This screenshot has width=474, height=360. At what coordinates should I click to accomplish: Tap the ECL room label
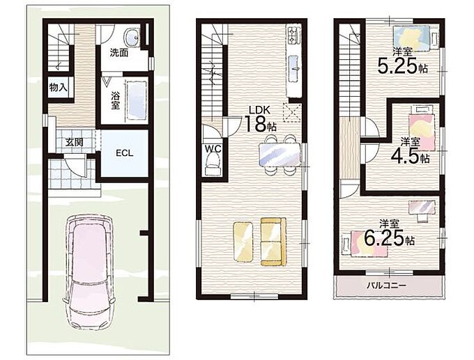[x=125, y=153]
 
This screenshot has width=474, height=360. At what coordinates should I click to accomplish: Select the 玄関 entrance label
[x=75, y=141]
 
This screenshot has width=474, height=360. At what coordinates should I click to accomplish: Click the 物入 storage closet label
[x=59, y=88]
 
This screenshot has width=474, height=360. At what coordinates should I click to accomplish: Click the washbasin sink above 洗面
[x=132, y=37]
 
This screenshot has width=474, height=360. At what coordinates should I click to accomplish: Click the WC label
[x=213, y=148]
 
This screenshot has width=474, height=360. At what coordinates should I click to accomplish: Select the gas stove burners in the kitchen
[x=294, y=36]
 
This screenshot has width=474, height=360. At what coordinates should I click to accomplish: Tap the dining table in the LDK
[x=280, y=155]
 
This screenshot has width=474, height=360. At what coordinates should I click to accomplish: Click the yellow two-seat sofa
[x=273, y=242]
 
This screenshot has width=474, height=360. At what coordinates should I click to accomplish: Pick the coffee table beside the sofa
[x=243, y=242]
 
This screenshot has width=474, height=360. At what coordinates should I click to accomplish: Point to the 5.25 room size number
[x=397, y=66]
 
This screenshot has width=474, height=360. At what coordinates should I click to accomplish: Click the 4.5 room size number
[x=404, y=156]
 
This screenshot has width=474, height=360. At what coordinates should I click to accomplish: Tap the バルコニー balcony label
[x=387, y=285]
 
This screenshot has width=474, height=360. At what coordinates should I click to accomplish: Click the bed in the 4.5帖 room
[x=422, y=131]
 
